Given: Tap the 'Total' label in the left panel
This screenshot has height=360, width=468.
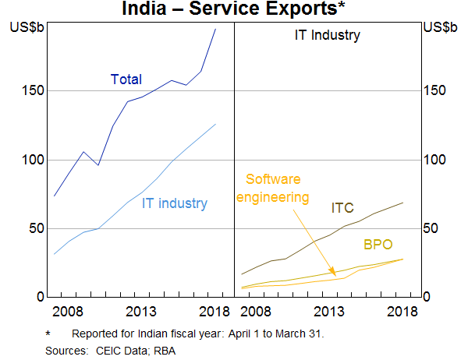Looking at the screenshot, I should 126,79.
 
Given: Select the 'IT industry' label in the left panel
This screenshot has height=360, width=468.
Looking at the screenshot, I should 175,204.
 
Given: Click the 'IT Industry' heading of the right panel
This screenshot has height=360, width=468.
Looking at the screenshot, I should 327,35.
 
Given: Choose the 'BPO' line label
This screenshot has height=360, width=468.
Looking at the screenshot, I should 378,245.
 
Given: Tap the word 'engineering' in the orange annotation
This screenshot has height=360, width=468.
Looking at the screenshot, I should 272,196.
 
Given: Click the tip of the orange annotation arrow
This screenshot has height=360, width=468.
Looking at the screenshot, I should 337,272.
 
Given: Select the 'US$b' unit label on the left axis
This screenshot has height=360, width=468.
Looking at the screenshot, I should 27,27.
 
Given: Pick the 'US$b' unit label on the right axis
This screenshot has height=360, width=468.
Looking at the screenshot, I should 440,27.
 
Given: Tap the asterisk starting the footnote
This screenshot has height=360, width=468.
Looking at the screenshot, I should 47,334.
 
